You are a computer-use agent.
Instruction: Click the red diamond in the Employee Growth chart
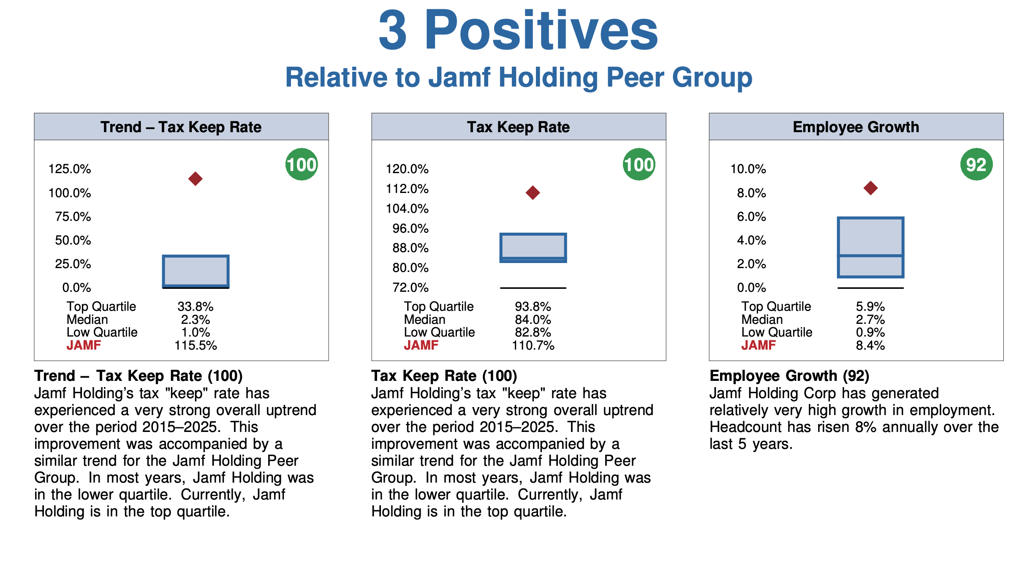tap(870, 188)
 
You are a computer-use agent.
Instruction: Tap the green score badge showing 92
tap(976, 164)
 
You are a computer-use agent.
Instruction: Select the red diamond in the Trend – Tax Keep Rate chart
tap(195, 179)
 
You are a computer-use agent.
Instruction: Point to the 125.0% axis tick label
tap(70, 169)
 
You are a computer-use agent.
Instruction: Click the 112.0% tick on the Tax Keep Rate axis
tap(407, 189)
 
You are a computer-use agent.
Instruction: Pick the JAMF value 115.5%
tap(196, 345)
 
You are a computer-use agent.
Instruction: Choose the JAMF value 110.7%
tap(533, 345)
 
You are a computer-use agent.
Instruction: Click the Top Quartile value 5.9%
tap(870, 307)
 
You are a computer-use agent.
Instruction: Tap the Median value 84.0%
tap(533, 320)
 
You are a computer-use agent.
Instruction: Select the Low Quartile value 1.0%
tap(196, 332)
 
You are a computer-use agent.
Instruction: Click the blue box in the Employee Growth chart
tap(870, 247)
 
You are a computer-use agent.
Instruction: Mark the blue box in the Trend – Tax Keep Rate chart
tap(196, 271)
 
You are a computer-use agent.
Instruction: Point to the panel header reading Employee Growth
tap(856, 127)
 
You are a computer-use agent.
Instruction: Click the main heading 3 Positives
tap(518, 30)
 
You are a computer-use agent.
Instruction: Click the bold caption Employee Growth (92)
tap(789, 375)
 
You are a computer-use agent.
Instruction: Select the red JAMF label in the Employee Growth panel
tap(758, 345)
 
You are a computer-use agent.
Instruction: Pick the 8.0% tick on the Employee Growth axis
tap(751, 193)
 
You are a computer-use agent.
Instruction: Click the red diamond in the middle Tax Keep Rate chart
tap(533, 193)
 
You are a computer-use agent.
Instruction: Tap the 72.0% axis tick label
tap(410, 288)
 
